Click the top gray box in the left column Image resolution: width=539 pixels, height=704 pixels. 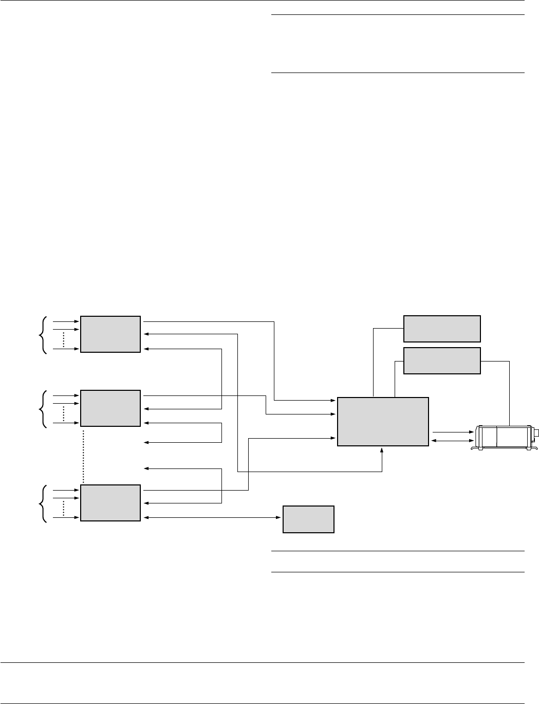pyautogui.click(x=110, y=334)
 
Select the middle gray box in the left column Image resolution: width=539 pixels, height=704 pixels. pyautogui.click(x=110, y=408)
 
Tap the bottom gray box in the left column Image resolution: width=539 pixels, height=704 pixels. pyautogui.click(x=110, y=502)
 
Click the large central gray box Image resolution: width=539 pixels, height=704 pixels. pyautogui.click(x=383, y=422)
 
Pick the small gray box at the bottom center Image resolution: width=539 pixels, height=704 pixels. pyautogui.click(x=308, y=519)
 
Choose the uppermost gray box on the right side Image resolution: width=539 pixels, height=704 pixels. pyautogui.click(x=442, y=329)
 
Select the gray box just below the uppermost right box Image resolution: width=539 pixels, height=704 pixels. pyautogui.click(x=442, y=360)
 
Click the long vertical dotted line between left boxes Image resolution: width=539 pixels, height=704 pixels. pyautogui.click(x=83, y=455)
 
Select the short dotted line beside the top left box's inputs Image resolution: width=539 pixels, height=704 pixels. pyautogui.click(x=63, y=339)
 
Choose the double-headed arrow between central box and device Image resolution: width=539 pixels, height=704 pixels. pyautogui.click(x=452, y=441)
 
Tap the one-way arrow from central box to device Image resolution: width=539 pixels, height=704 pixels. pyautogui.click(x=452, y=432)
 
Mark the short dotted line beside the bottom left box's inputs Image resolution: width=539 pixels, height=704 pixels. pyautogui.click(x=63, y=508)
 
